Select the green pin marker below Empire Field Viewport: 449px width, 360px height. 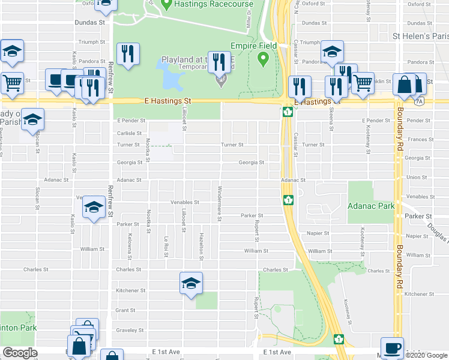point(262,59)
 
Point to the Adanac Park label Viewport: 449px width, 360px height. point(371,205)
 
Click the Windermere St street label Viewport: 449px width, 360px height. point(220,209)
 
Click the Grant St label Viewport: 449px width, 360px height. point(125,310)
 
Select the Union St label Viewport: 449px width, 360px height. point(415,177)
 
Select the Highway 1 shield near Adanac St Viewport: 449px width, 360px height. point(288,199)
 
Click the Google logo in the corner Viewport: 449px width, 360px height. point(20,353)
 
